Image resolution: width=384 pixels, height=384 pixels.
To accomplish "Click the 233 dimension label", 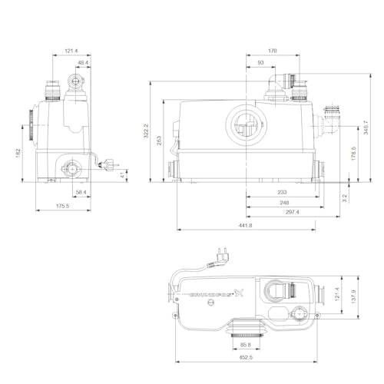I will pyautogui.click(x=283, y=192).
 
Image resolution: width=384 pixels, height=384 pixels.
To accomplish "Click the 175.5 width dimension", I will pyautogui.click(x=62, y=205).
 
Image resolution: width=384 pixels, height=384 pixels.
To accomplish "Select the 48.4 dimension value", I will pyautogui.click(x=81, y=64).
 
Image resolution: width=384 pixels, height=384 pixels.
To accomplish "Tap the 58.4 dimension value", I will pyautogui.click(x=81, y=192).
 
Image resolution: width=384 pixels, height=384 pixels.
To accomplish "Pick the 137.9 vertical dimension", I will pyautogui.click(x=353, y=296).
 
